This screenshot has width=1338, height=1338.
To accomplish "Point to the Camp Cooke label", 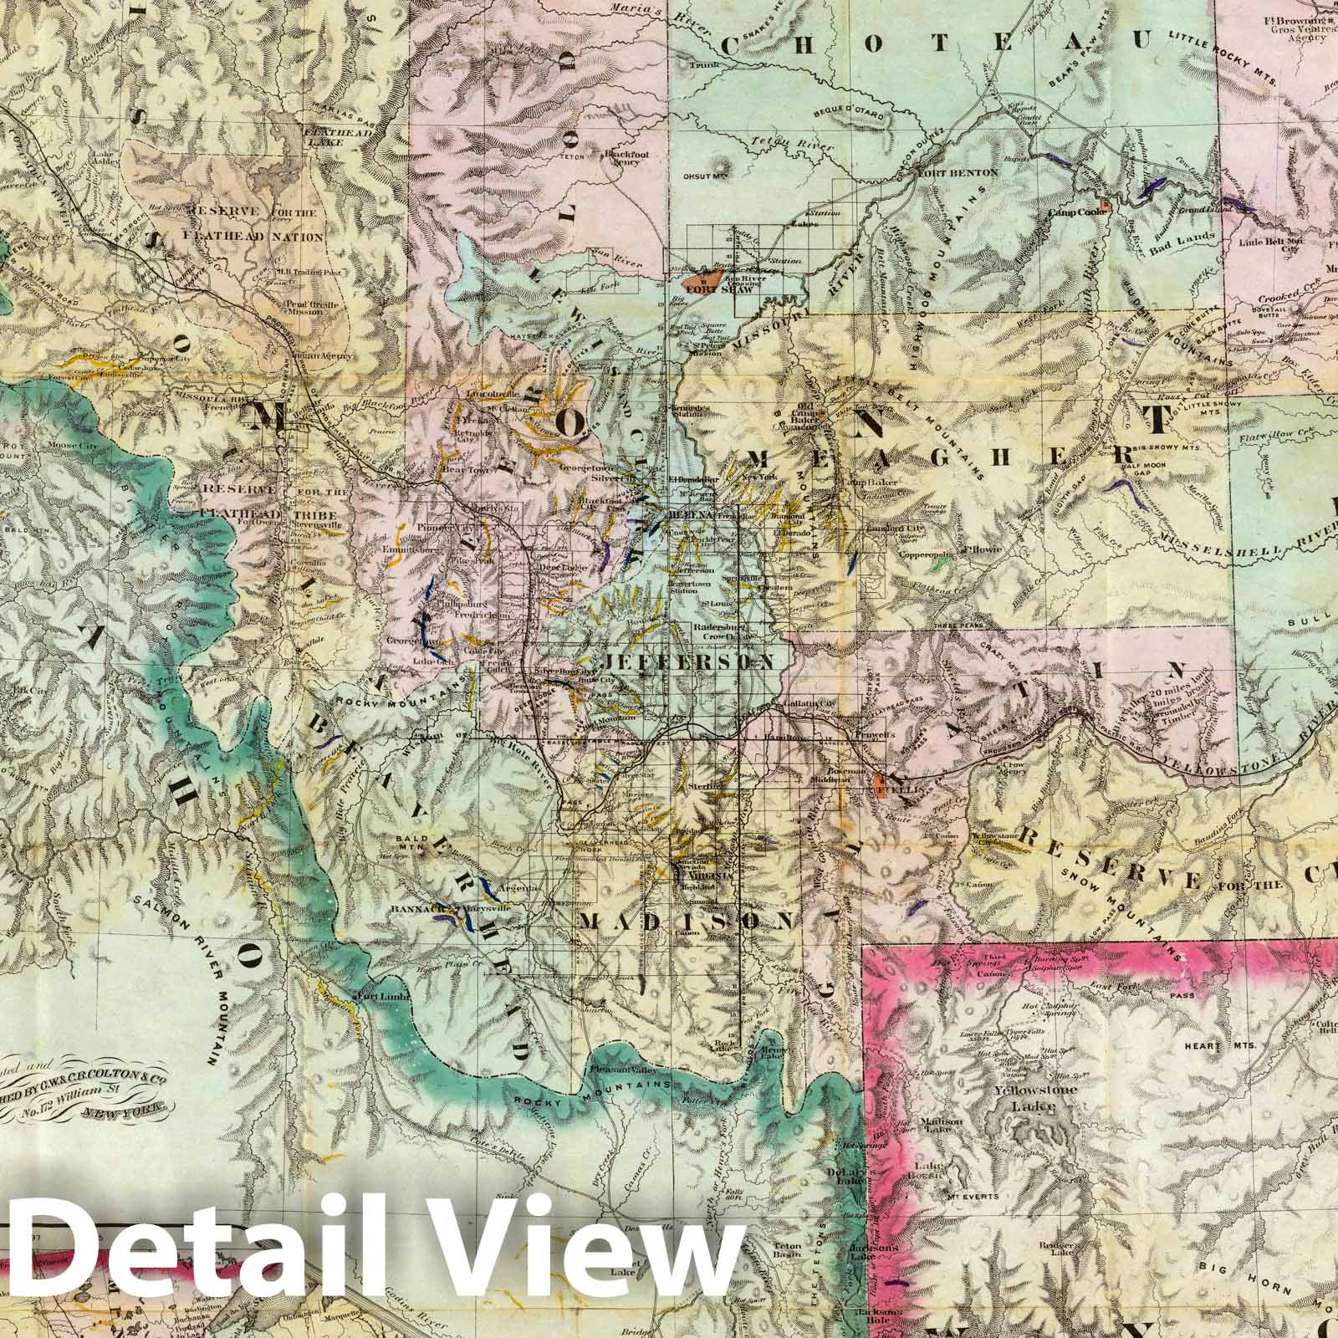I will [1079, 212].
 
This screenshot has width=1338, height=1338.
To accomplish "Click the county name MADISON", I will [684, 921].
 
